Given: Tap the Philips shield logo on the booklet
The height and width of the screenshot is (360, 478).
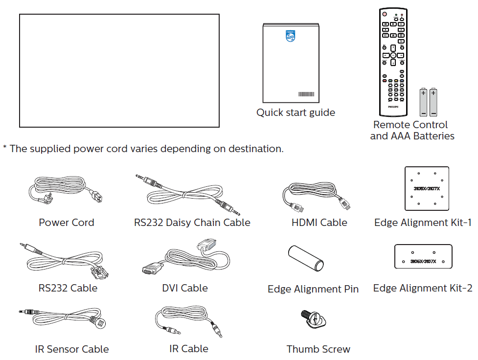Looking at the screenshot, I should [291, 36].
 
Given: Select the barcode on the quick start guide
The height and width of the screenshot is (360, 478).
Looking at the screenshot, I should [306, 94].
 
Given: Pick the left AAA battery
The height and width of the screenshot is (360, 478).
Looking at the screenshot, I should [423, 101].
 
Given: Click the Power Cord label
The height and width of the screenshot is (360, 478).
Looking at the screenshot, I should [67, 223].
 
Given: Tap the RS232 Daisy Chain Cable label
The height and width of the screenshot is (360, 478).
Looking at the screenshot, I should [192, 223].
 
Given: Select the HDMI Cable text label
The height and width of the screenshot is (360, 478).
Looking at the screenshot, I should [319, 223].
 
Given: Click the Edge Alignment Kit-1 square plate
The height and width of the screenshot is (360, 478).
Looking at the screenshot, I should [427, 188].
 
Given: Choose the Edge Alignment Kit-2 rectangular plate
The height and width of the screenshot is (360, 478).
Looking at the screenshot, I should [423, 256].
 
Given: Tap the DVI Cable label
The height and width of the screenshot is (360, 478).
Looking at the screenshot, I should [185, 288].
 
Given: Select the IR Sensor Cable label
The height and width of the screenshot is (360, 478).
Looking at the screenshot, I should [72, 349].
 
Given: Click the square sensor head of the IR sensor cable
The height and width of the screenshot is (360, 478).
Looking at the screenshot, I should [100, 323].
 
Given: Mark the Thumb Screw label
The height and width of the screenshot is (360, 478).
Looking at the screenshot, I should [319, 349].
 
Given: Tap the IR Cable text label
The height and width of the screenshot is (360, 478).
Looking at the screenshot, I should [188, 349].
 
